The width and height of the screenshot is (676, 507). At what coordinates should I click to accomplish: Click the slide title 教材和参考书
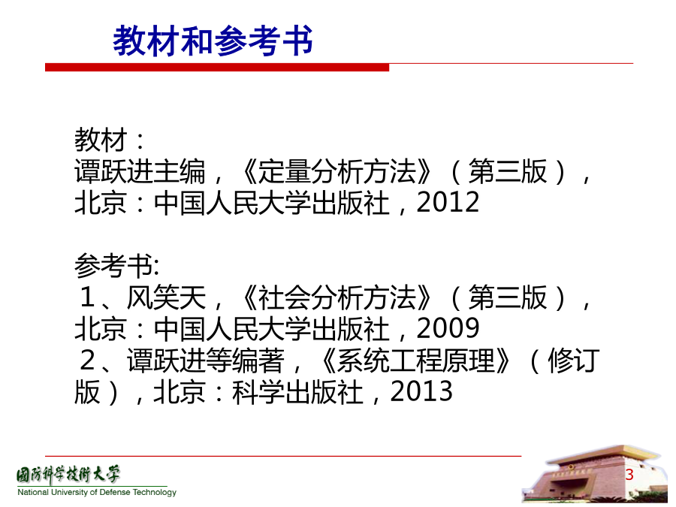click(x=213, y=41)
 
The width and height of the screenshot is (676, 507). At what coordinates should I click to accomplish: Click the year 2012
click(x=448, y=202)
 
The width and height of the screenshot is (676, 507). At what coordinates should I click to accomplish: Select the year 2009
click(x=448, y=328)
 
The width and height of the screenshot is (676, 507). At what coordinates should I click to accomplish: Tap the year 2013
click(x=421, y=391)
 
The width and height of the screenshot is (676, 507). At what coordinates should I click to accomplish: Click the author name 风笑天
click(x=167, y=297)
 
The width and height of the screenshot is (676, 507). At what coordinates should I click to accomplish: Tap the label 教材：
click(x=110, y=140)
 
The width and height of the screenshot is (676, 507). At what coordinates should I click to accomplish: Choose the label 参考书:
click(x=117, y=266)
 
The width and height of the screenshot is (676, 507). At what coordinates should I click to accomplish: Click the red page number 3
click(x=629, y=474)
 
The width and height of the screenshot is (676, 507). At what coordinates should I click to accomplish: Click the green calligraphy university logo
click(x=68, y=475)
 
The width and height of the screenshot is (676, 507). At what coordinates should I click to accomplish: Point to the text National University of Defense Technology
click(x=97, y=492)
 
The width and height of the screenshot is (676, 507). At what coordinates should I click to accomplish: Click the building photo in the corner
click(x=597, y=474)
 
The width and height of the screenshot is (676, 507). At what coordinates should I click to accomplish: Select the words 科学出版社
click(x=297, y=391)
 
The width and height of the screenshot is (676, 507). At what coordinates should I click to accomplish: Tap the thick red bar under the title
click(x=217, y=68)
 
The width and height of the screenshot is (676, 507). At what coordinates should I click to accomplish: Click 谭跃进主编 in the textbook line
click(x=140, y=171)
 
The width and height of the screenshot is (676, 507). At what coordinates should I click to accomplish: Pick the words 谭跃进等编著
click(x=206, y=361)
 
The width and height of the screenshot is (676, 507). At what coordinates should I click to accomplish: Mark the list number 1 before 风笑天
click(x=88, y=297)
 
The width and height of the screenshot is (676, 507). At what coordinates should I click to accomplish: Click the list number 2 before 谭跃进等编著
click(x=88, y=361)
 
